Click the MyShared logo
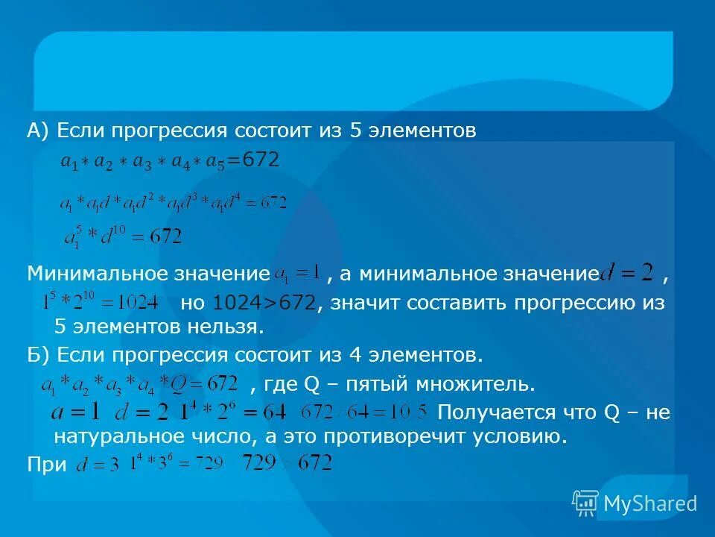click(x=635, y=503)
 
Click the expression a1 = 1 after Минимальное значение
click(x=297, y=272)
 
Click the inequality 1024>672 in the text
click(x=264, y=304)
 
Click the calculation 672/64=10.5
click(x=364, y=412)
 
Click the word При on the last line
click(x=46, y=464)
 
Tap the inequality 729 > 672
click(x=287, y=463)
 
